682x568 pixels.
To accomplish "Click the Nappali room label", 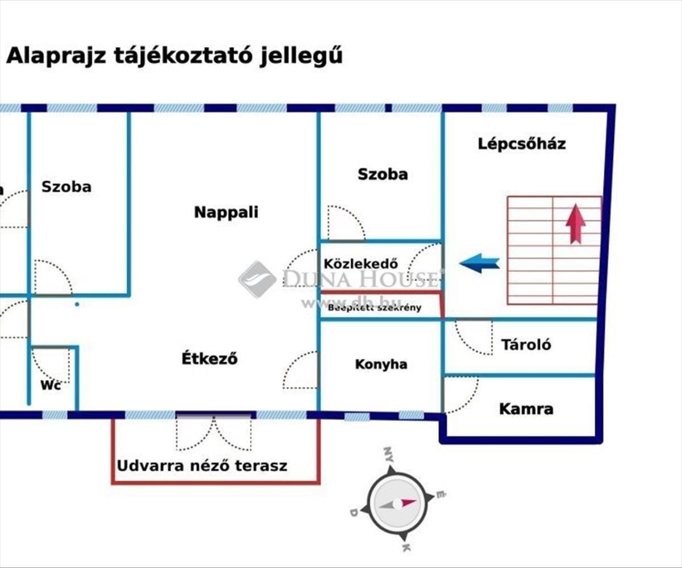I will click(x=226, y=212).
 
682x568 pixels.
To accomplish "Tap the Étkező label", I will click(x=209, y=359).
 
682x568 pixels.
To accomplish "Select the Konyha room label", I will click(x=381, y=364).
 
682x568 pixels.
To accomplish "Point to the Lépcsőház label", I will click(x=521, y=144).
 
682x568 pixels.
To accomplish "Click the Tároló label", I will click(x=526, y=345).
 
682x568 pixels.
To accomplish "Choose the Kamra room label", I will click(x=526, y=409).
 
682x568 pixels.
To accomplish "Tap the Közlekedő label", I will click(x=360, y=264).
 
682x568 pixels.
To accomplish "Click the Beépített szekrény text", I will click(x=375, y=308).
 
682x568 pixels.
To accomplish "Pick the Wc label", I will click(x=51, y=385).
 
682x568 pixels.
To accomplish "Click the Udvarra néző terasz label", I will click(x=202, y=466).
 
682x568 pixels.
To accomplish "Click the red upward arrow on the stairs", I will click(x=576, y=223).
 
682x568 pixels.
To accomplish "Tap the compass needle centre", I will click(x=397, y=504).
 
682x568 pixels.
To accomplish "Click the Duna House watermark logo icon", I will click(x=257, y=279).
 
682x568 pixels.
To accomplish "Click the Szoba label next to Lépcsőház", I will click(x=382, y=174).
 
